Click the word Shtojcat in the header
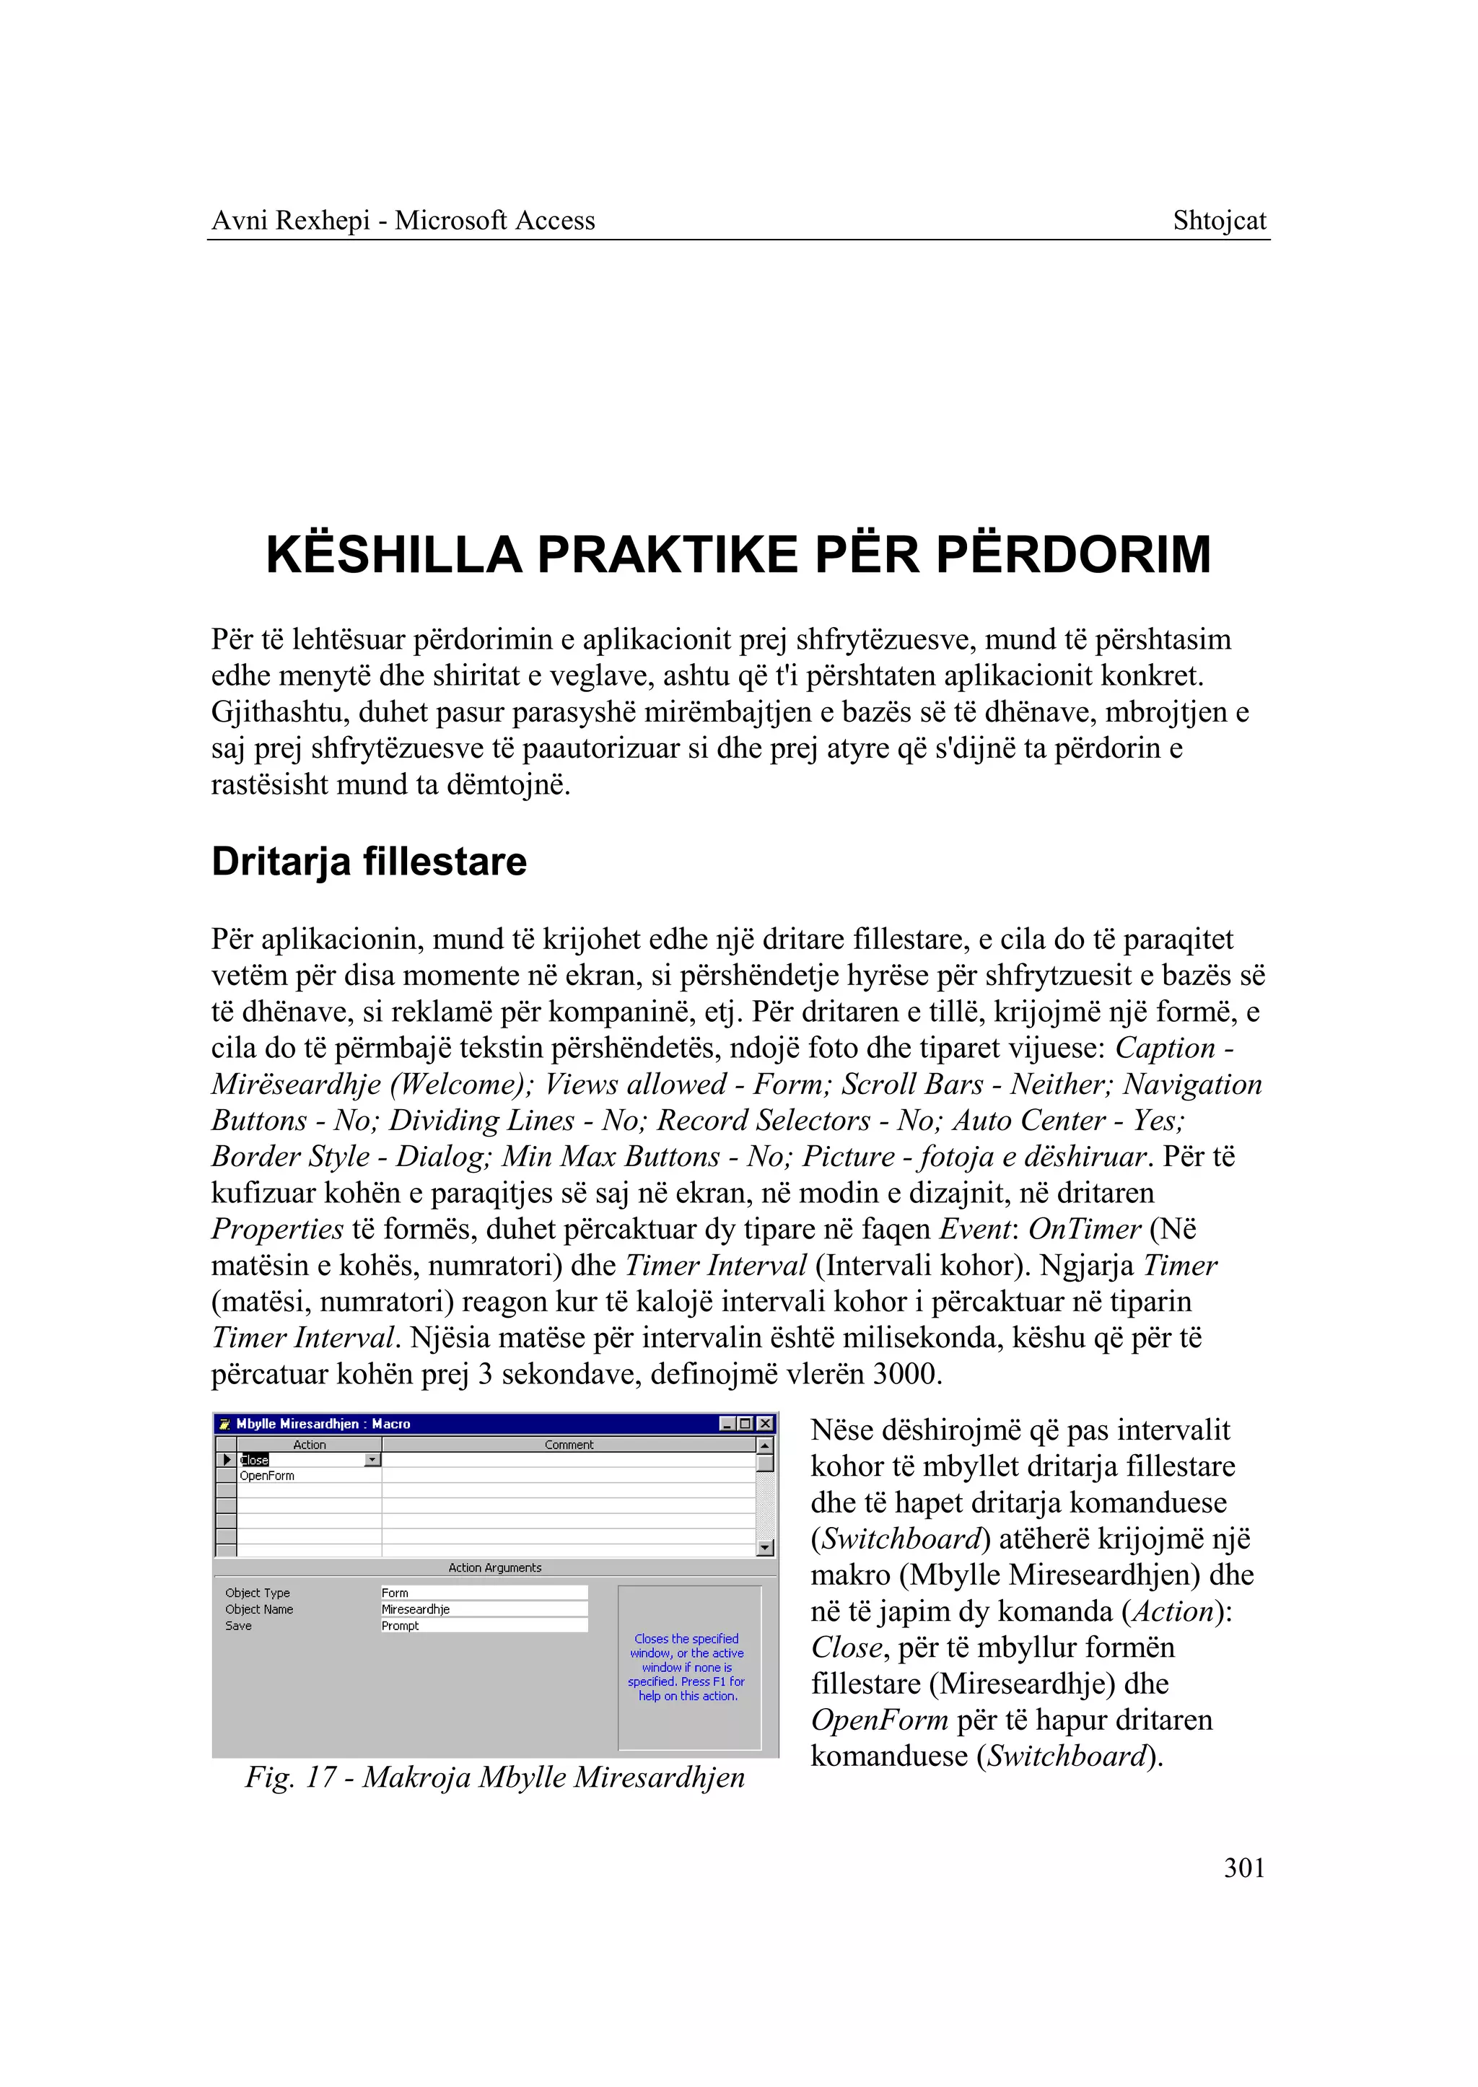click(1219, 221)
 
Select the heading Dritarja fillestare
click(369, 862)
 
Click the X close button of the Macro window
click(766, 1424)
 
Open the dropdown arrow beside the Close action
click(372, 1460)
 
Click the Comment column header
click(569, 1445)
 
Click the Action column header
click(310, 1445)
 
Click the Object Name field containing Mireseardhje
click(484, 1609)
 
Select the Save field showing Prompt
click(484, 1626)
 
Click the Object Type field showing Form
click(484, 1593)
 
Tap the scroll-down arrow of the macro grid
click(764, 1547)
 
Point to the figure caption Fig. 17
click(494, 1777)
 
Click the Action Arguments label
click(494, 1567)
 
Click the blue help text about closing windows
click(686, 1668)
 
